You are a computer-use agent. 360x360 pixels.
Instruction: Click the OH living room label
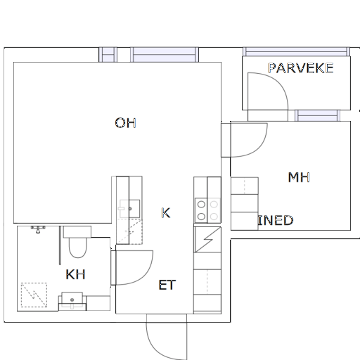pyautogui.click(x=125, y=123)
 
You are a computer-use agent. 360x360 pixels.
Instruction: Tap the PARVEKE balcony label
pyautogui.click(x=301, y=68)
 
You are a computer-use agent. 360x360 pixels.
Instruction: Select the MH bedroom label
pyautogui.click(x=299, y=177)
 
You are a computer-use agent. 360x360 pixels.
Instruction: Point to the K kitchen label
pyautogui.click(x=166, y=213)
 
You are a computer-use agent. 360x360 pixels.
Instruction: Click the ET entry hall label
pyautogui.click(x=167, y=285)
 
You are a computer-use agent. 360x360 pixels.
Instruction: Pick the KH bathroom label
pyautogui.click(x=75, y=274)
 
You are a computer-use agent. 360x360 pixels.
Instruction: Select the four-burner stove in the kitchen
pyautogui.click(x=207, y=210)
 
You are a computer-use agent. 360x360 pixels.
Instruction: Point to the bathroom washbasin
pyautogui.click(x=72, y=301)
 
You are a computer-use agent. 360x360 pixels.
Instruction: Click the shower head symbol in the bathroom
pyautogui.click(x=38, y=230)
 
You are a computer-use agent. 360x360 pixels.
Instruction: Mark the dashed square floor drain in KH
pyautogui.click(x=34, y=295)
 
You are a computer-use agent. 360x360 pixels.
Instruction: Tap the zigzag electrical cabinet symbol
pyautogui.click(x=207, y=239)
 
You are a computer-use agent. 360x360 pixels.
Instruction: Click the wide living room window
pyautogui.click(x=165, y=55)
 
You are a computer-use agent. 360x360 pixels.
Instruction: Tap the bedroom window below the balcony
pyautogui.click(x=318, y=115)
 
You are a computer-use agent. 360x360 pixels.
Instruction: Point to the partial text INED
pyautogui.click(x=276, y=220)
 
